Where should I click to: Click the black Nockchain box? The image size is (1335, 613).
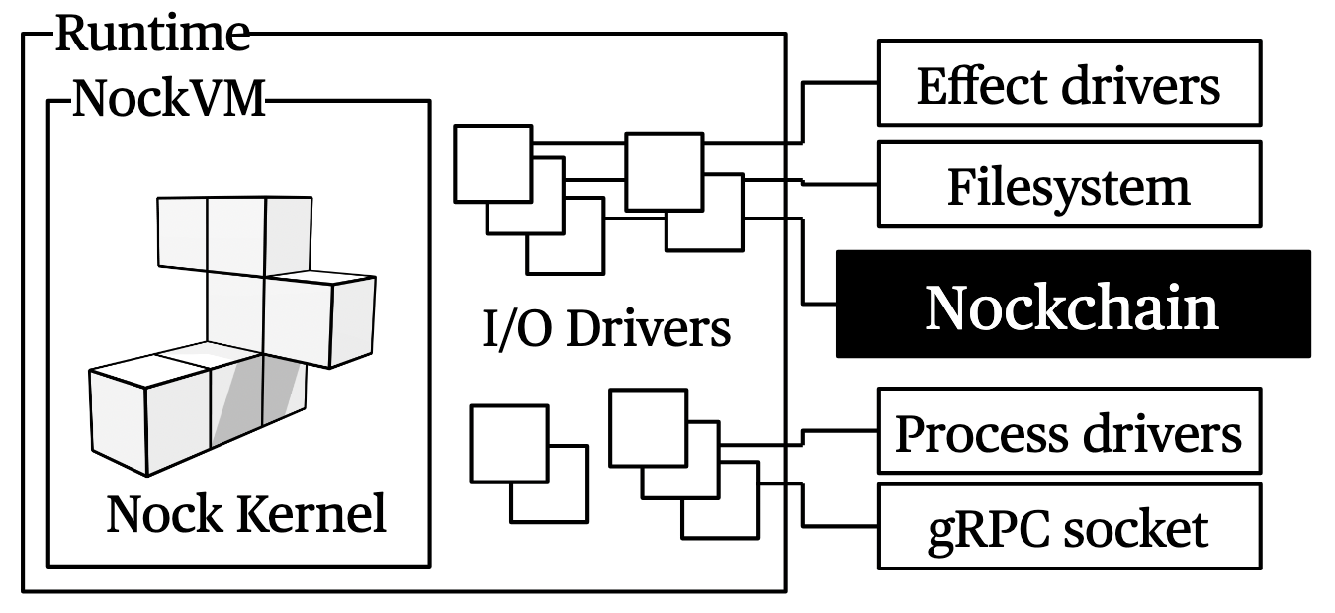pyautogui.click(x=1073, y=304)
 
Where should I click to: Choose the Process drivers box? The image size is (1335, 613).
pyautogui.click(x=1069, y=432)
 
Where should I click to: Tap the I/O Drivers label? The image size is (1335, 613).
pyautogui.click(x=606, y=328)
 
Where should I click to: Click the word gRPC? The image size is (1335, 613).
pyautogui.click(x=973, y=529)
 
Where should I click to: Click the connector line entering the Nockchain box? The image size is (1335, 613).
pyautogui.click(x=821, y=302)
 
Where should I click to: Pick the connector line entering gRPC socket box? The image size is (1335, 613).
pyautogui.click(x=841, y=526)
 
